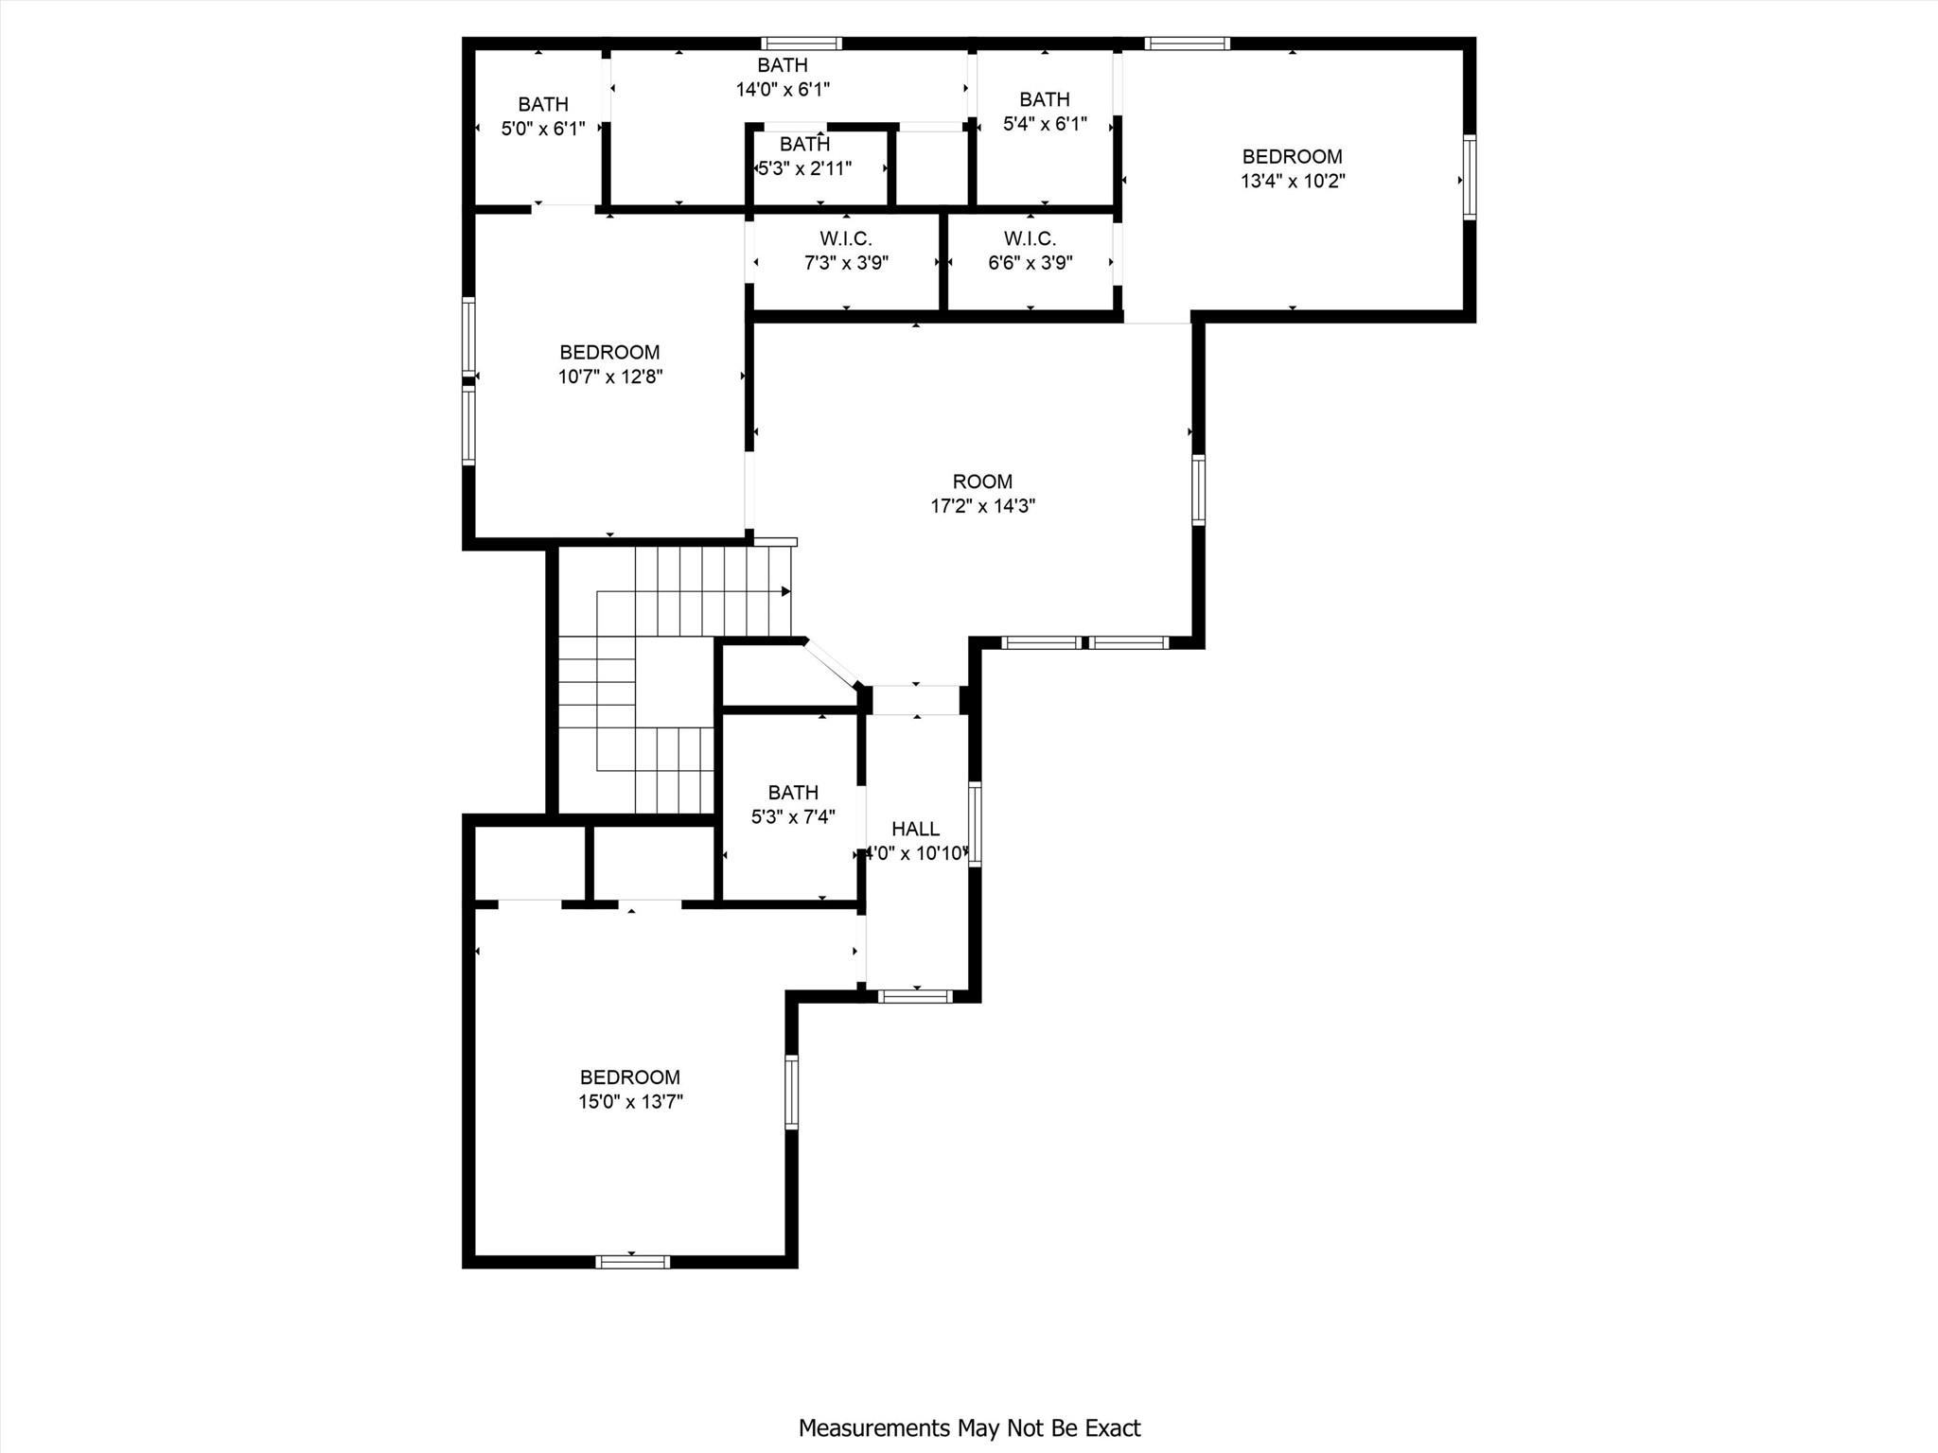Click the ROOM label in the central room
pyautogui.click(x=982, y=481)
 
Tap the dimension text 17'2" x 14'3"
pyautogui.click(x=982, y=506)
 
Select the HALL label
pyautogui.click(x=915, y=830)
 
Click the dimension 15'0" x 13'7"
pyautogui.click(x=630, y=1101)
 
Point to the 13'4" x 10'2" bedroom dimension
pyautogui.click(x=1293, y=181)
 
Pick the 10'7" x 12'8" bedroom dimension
pyautogui.click(x=609, y=376)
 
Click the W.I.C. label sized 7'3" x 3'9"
pyautogui.click(x=845, y=238)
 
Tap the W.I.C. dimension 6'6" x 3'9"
pyautogui.click(x=1030, y=263)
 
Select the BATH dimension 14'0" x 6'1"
pyautogui.click(x=783, y=90)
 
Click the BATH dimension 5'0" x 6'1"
pyautogui.click(x=543, y=129)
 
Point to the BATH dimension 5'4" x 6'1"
pyautogui.click(x=1045, y=124)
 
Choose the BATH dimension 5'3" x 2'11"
pyautogui.click(x=805, y=169)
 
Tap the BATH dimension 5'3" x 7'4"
pyautogui.click(x=793, y=816)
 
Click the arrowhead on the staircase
pyautogui.click(x=785, y=592)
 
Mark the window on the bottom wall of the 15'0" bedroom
pyautogui.click(x=633, y=1261)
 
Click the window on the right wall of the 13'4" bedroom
pyautogui.click(x=1469, y=178)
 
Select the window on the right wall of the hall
pyautogui.click(x=975, y=824)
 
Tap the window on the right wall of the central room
pyautogui.click(x=1198, y=489)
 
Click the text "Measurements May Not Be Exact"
pyautogui.click(x=969, y=1428)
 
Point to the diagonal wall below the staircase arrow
pyautogui.click(x=832, y=663)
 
